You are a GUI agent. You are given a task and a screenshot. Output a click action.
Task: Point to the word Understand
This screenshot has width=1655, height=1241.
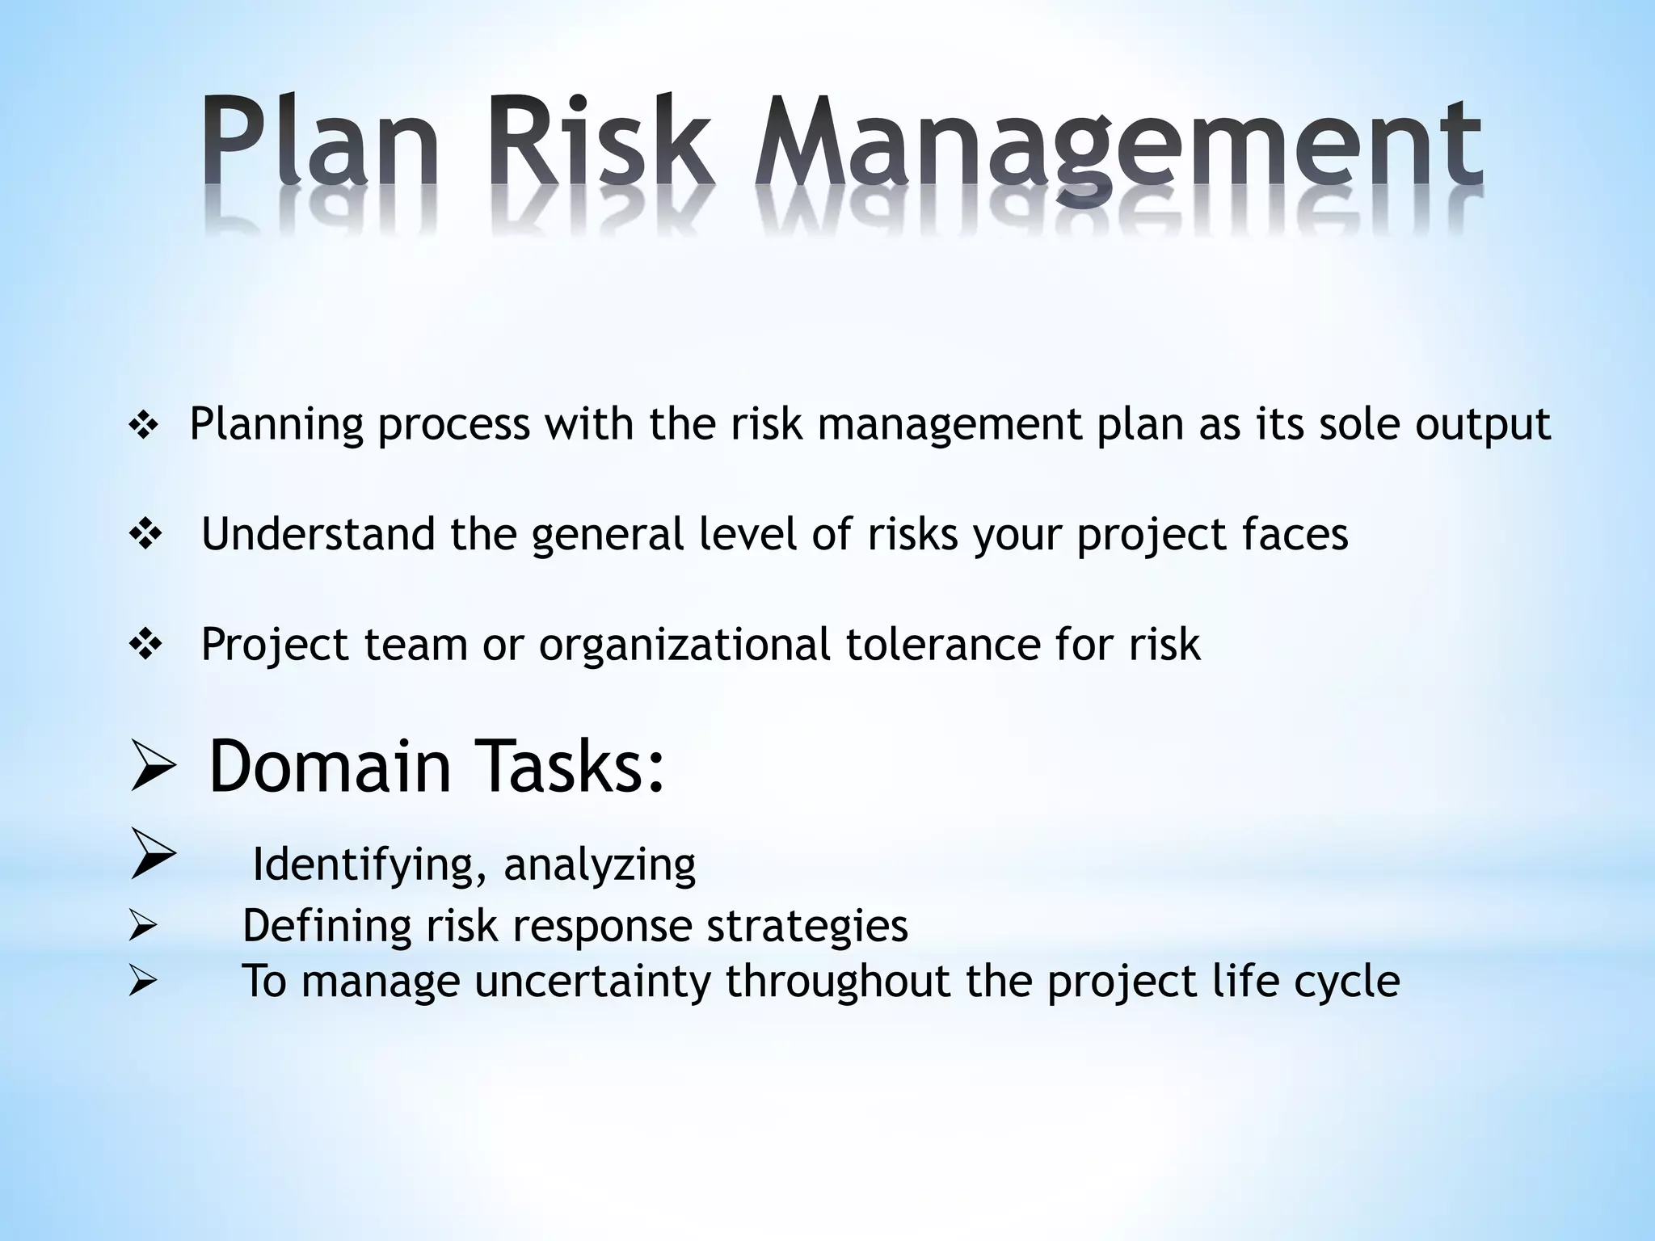[x=318, y=534]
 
